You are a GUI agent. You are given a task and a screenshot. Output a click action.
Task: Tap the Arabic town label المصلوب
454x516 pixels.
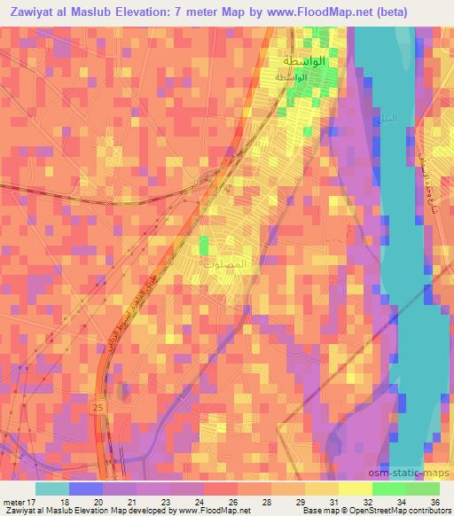pyautogui.click(x=233, y=264)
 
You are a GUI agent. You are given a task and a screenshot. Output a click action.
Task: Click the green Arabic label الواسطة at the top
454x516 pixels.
pyautogui.click(x=303, y=62)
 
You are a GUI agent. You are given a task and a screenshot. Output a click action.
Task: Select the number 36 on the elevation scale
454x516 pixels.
pyautogui.click(x=435, y=501)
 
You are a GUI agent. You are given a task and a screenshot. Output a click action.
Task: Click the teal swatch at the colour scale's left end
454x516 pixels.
pyautogui.click(x=51, y=489)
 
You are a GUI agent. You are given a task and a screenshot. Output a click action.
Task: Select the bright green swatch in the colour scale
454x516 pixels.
pyautogui.click(x=389, y=489)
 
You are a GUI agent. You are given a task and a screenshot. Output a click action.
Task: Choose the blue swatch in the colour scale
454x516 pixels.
pyautogui.click(x=86, y=489)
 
